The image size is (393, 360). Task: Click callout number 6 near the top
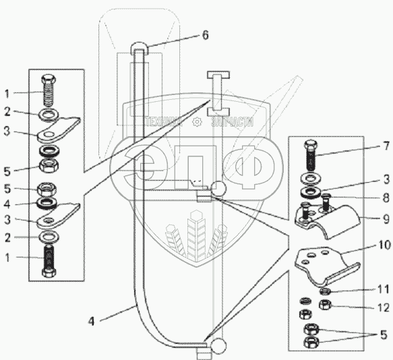tap(206, 35)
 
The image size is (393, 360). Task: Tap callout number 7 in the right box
tap(386, 146)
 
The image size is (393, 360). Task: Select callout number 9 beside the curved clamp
tap(386, 219)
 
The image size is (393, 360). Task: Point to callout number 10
tap(384, 245)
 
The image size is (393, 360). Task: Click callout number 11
tap(384, 289)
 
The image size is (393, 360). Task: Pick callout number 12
tap(384, 307)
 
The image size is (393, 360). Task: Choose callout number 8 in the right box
tap(386, 198)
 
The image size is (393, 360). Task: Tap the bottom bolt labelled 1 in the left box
tap(50, 261)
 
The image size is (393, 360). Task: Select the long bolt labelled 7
tap(311, 156)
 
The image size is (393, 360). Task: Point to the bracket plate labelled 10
tap(326, 266)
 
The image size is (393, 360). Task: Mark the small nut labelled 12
tap(325, 305)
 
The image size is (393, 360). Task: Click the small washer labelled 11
tap(326, 291)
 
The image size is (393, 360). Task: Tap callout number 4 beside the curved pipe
tap(92, 321)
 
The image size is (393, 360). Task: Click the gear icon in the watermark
tap(197, 122)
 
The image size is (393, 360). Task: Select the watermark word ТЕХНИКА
tap(164, 122)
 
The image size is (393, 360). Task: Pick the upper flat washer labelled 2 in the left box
tap(49, 114)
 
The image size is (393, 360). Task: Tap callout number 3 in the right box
tap(386, 180)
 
